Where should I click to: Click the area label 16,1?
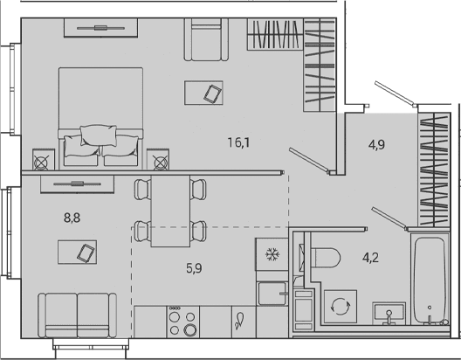238,143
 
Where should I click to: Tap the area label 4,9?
376,145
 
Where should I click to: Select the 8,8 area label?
72,218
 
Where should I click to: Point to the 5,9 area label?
194,268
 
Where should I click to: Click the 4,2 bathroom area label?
370,258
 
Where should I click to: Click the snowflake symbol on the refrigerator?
272,254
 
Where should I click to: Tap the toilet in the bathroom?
325,258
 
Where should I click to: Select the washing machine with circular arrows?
341,306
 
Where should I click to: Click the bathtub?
430,280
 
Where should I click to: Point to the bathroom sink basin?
389,312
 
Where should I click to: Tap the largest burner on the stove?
190,329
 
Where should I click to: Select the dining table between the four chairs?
170,211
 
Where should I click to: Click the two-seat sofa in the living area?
78,315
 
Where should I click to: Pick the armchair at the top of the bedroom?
206,39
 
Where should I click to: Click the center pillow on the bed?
99,135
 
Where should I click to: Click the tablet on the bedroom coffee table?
213,93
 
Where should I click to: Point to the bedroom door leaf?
309,160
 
